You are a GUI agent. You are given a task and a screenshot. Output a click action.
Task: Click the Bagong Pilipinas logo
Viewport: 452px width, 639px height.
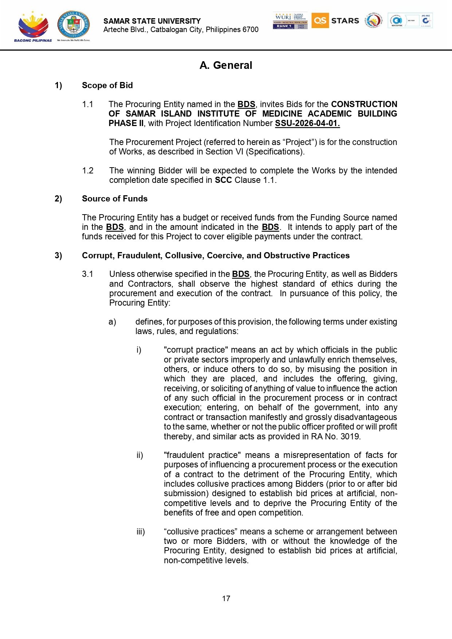33,26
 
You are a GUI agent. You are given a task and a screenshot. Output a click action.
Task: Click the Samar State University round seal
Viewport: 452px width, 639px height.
74,25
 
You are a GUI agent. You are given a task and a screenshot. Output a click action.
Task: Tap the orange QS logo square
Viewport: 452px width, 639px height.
320,20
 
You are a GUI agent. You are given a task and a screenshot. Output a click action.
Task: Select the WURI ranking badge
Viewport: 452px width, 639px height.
290,20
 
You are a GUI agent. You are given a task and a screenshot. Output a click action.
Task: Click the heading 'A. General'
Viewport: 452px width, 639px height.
226,65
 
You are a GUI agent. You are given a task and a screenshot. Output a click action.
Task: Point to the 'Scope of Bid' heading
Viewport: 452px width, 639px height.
107,85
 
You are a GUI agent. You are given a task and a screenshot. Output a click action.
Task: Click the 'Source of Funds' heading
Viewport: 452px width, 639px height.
115,199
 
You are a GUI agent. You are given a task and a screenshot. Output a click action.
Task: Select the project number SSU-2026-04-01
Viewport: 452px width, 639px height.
307,123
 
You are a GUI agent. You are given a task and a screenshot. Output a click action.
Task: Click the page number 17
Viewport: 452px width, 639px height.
226,598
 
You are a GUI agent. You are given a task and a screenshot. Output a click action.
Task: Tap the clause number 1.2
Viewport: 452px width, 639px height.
88,170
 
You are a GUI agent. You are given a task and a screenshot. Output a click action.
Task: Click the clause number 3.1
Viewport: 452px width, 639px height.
88,274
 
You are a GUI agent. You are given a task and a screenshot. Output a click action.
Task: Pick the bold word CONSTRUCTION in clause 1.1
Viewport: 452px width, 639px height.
364,104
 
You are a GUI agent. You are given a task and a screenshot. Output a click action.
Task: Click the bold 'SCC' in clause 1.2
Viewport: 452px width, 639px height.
223,180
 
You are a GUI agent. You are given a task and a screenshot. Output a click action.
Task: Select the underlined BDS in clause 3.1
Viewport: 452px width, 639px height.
241,274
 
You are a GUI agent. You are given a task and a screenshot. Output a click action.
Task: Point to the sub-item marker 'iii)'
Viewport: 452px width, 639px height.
141,532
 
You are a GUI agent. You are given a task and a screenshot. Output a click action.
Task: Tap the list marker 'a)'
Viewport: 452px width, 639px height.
112,322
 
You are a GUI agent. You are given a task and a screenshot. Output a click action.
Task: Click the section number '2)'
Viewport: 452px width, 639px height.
58,199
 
